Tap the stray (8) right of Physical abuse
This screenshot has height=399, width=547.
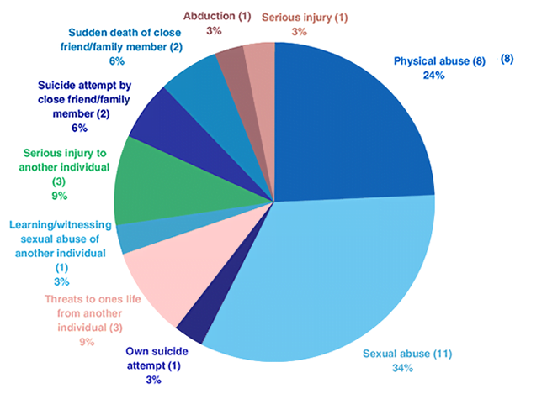(507, 59)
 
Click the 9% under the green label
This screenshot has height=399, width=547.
(59, 196)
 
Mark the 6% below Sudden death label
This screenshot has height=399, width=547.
(116, 61)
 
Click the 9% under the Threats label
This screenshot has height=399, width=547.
(87, 342)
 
